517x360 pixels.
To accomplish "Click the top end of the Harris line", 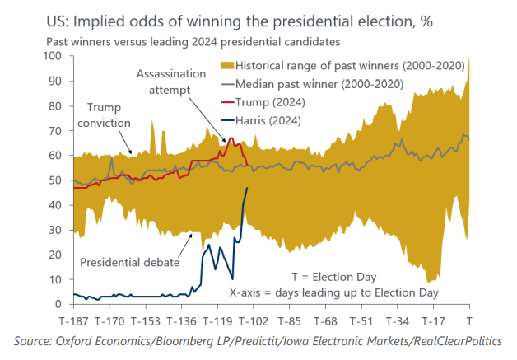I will coord(247,189).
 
